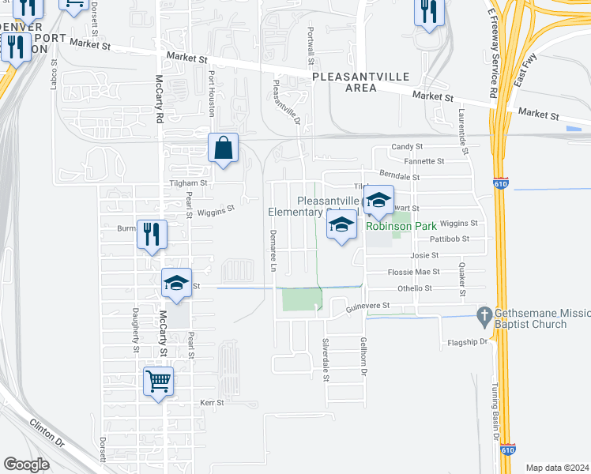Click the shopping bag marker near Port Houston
224,148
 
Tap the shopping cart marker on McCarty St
159,382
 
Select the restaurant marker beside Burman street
152,235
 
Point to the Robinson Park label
401,226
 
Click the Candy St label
408,147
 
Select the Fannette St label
423,161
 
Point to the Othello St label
414,288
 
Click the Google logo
26,465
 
